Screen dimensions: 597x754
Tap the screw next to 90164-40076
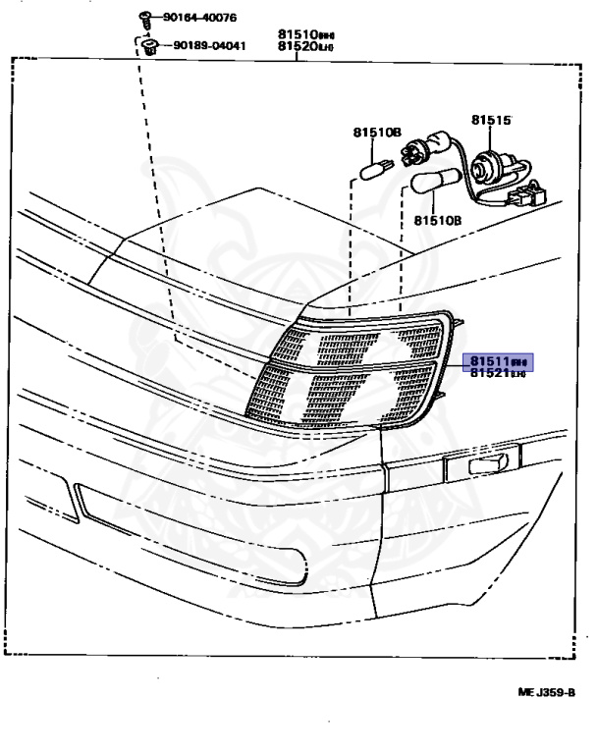[142, 17]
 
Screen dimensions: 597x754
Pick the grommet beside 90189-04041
[150, 46]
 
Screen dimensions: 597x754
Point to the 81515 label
[491, 120]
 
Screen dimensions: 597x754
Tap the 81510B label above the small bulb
[377, 132]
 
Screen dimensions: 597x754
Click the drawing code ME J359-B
[546, 692]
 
